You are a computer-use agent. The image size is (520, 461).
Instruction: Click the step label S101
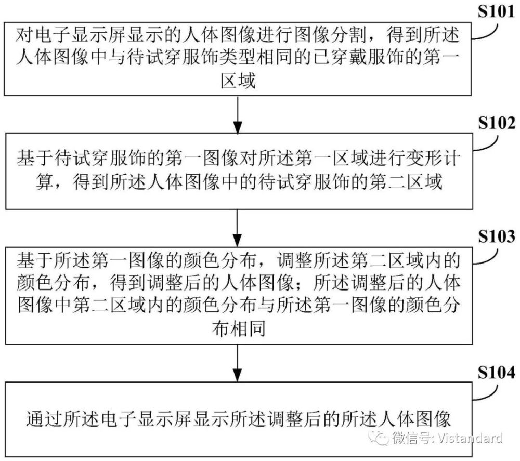coord(496,11)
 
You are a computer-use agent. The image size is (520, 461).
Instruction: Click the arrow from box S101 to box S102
coord(238,115)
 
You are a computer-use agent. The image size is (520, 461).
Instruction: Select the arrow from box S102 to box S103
coord(238,228)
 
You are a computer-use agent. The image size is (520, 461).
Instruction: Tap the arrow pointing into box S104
coord(238,363)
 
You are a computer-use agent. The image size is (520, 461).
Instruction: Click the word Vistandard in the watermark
coord(470,438)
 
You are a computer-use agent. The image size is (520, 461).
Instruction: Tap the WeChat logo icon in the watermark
coord(379,438)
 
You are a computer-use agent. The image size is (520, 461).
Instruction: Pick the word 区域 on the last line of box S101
coord(238,80)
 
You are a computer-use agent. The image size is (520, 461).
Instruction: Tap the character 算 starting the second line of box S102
coord(44,181)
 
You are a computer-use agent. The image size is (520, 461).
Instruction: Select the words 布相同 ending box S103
coord(239,329)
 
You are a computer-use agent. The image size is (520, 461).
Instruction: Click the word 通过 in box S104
coord(44,419)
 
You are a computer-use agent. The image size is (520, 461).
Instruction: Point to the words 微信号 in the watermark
coord(412,438)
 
